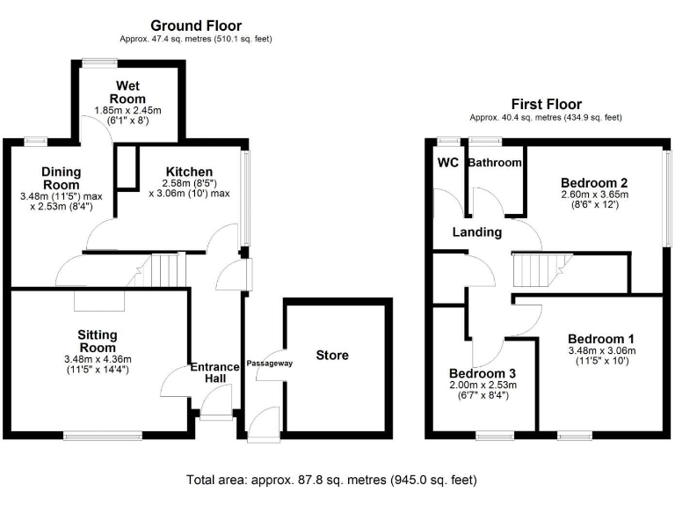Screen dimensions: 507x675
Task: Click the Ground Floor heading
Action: coord(196,26)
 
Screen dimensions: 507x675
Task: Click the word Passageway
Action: coord(269,363)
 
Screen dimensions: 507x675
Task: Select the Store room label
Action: coord(331,356)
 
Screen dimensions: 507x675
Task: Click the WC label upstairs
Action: coord(447,163)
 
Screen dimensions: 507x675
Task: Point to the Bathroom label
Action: coord(495,163)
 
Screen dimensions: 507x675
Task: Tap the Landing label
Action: coord(476,232)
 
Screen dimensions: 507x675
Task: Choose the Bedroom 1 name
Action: coord(600,339)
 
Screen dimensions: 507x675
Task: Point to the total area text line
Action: coord(331,481)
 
